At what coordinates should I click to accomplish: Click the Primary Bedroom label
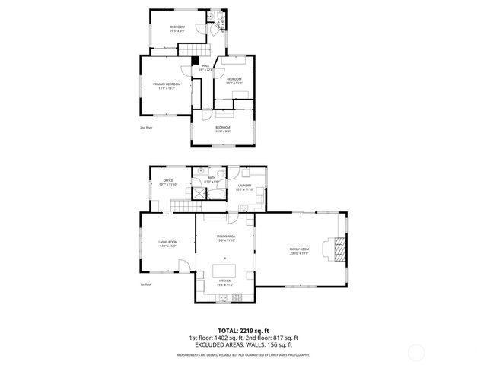(x=167, y=85)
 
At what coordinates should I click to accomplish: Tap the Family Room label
(x=299, y=250)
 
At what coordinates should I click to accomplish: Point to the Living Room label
(x=167, y=243)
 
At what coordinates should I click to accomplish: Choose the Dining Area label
(x=226, y=238)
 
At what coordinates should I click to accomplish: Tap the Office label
(x=168, y=182)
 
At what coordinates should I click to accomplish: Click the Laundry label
(x=244, y=187)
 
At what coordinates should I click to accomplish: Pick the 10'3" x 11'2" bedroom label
(x=234, y=81)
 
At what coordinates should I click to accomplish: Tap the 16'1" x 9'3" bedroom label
(x=222, y=129)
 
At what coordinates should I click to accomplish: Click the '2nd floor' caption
(x=146, y=127)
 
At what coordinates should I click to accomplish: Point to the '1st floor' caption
(x=145, y=284)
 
